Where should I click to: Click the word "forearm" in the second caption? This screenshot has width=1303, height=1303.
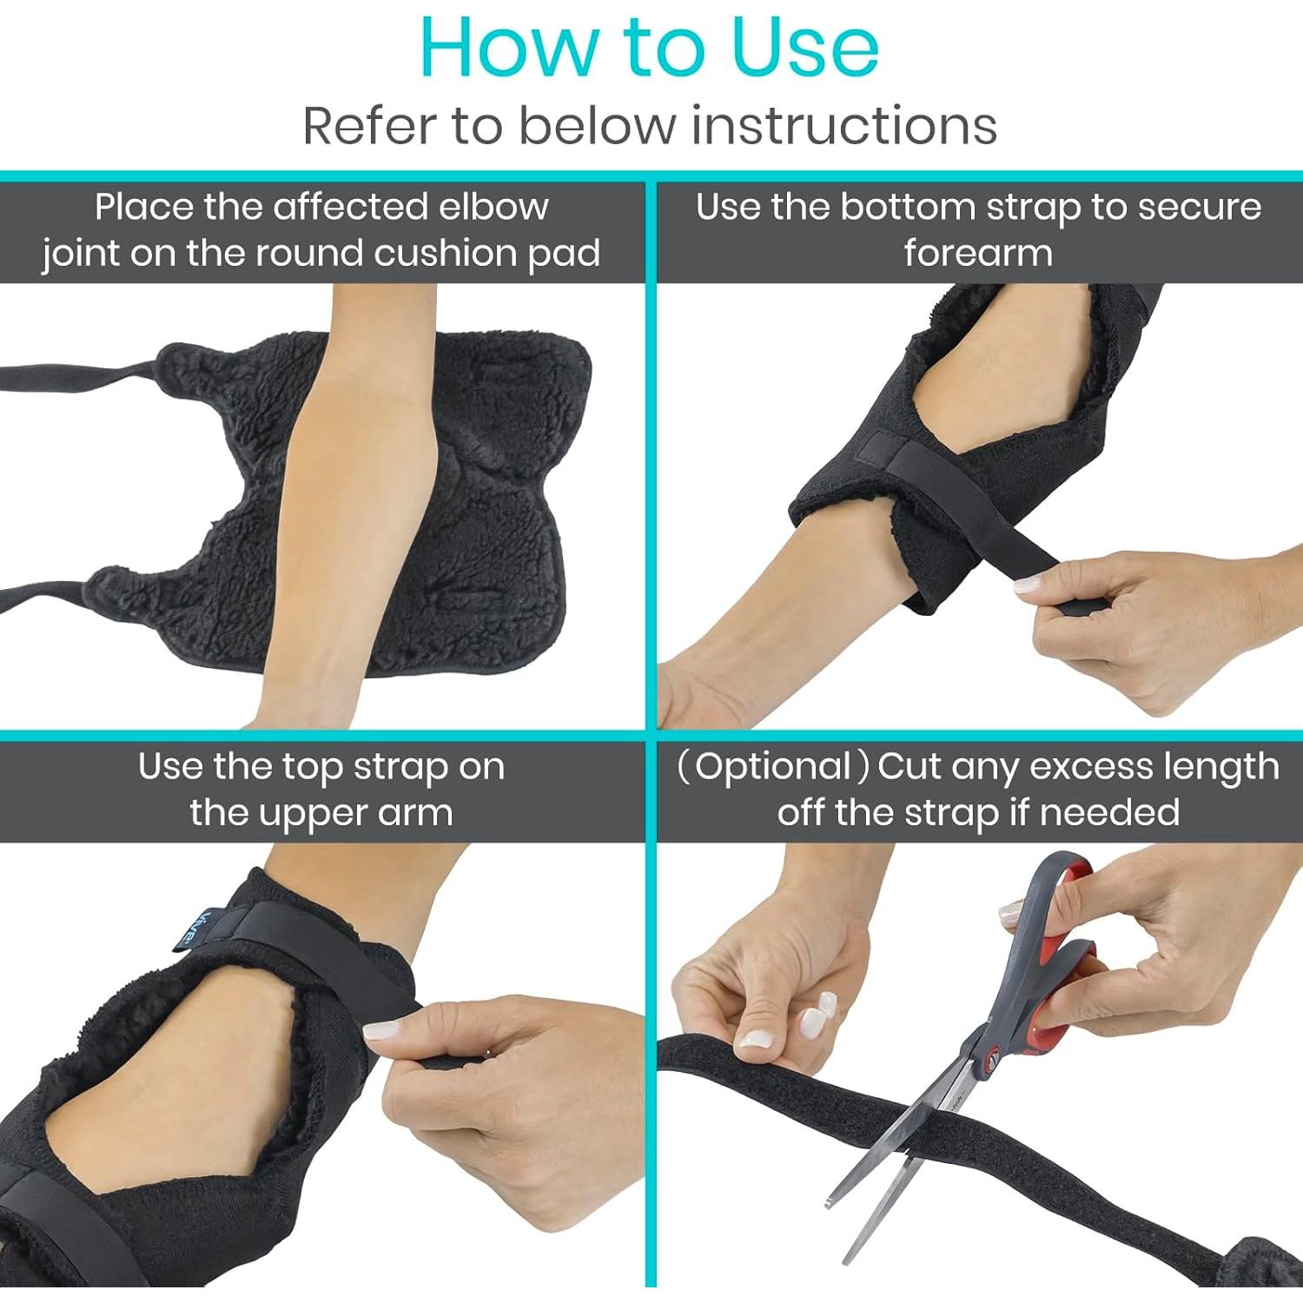click(x=978, y=253)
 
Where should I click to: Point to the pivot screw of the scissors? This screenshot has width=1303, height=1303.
click(x=990, y=1059)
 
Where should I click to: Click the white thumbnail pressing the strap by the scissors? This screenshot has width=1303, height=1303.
click(x=754, y=1039)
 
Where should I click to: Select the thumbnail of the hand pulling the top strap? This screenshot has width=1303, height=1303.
click(x=380, y=1031)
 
